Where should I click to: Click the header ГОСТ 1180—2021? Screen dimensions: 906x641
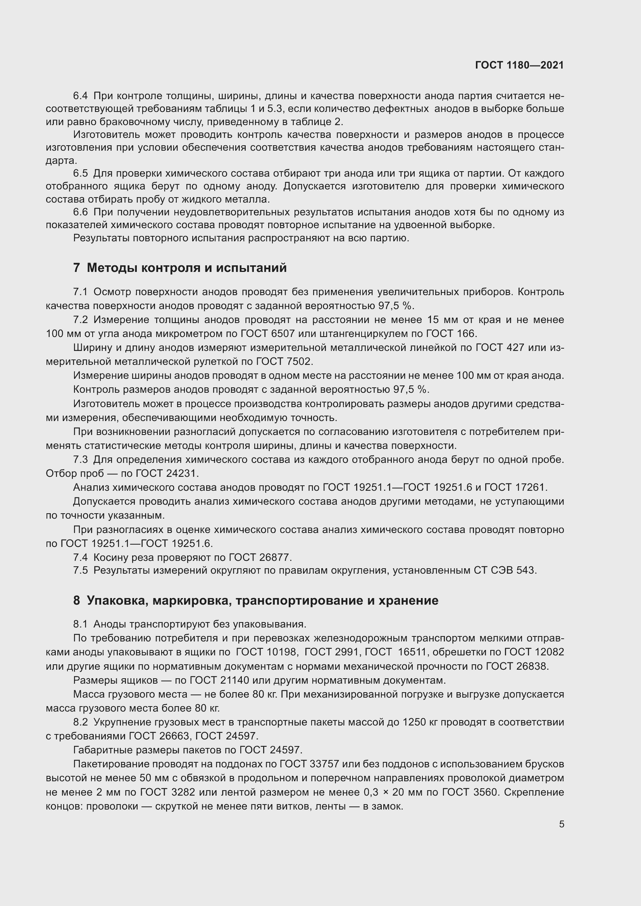tap(519, 65)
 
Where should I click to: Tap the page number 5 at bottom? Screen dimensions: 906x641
tap(561, 824)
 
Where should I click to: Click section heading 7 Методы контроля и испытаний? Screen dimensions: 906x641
tap(180, 268)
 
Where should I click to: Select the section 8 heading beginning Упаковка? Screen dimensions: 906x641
tap(256, 601)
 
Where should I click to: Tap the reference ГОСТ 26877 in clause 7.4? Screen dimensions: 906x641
tap(260, 557)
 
